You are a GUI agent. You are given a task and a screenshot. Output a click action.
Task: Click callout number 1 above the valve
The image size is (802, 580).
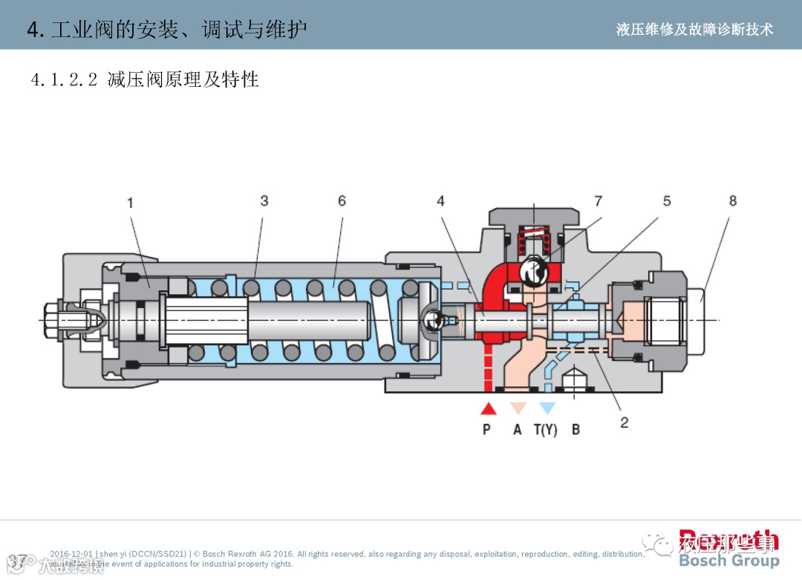click(x=130, y=203)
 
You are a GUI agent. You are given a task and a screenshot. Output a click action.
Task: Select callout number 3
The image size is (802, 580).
click(x=264, y=201)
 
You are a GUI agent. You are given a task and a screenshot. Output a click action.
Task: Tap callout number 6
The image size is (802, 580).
click(x=342, y=201)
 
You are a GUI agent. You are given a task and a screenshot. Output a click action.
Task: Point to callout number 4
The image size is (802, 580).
click(x=440, y=201)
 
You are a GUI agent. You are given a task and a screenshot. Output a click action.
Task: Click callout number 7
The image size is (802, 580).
click(x=598, y=201)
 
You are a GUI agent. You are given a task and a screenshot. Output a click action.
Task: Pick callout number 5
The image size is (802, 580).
click(x=666, y=201)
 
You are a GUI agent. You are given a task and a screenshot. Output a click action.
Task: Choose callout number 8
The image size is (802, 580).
click(x=733, y=201)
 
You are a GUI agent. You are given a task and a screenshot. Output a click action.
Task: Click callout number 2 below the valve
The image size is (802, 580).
click(x=625, y=423)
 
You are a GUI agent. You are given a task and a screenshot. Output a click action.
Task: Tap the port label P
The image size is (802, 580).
click(x=486, y=429)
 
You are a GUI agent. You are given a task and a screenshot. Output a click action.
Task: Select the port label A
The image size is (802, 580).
click(x=518, y=429)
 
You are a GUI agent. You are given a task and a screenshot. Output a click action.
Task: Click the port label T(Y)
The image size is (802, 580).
click(x=545, y=429)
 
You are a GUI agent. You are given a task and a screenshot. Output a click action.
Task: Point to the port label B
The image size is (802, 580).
click(x=576, y=429)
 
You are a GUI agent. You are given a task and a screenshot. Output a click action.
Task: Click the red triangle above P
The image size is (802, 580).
click(x=488, y=408)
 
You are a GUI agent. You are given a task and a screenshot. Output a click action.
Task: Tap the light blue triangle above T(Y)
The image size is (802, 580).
click(x=547, y=408)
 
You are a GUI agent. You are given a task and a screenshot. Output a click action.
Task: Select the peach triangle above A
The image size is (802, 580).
click(x=518, y=408)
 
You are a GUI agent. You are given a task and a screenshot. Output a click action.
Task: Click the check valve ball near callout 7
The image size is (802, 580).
click(x=534, y=271)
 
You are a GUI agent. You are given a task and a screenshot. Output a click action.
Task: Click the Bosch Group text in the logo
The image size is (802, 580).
click(x=728, y=561)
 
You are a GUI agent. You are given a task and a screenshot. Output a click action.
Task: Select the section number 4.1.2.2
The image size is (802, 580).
click(x=64, y=79)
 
